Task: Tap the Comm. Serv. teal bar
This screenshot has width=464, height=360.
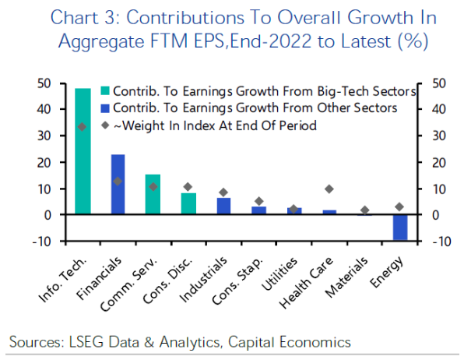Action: coord(153,194)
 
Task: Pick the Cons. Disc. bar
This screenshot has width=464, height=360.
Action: coord(188,203)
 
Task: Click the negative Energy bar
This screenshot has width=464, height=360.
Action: coord(400,227)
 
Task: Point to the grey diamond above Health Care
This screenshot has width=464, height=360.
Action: coord(329,189)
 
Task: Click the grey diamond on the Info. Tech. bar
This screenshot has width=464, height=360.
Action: coord(83,126)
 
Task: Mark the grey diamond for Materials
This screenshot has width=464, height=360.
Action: coord(364,210)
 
